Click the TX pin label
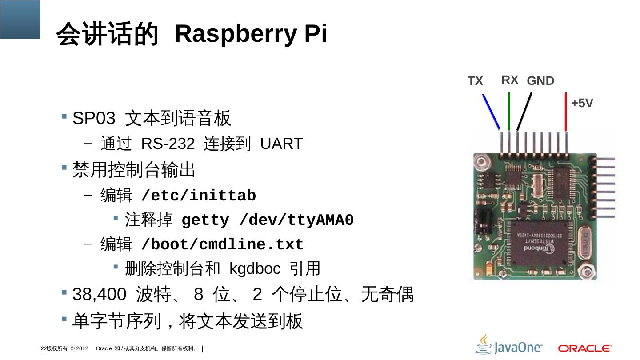[x=475, y=81]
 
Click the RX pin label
[x=510, y=80]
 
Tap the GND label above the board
[x=540, y=81]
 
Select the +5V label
[x=582, y=103]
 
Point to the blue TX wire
[x=491, y=111]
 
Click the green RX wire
[x=509, y=111]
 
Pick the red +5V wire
[x=565, y=111]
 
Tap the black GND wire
[x=525, y=111]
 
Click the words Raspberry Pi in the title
[x=251, y=34]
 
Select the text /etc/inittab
[x=198, y=196]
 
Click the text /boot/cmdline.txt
[x=222, y=244]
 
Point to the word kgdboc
[x=255, y=268]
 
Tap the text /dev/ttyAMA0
[x=296, y=220]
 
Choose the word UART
[x=281, y=144]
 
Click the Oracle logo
[x=585, y=348]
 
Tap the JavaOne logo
[x=509, y=344]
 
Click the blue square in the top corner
[x=20, y=19]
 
